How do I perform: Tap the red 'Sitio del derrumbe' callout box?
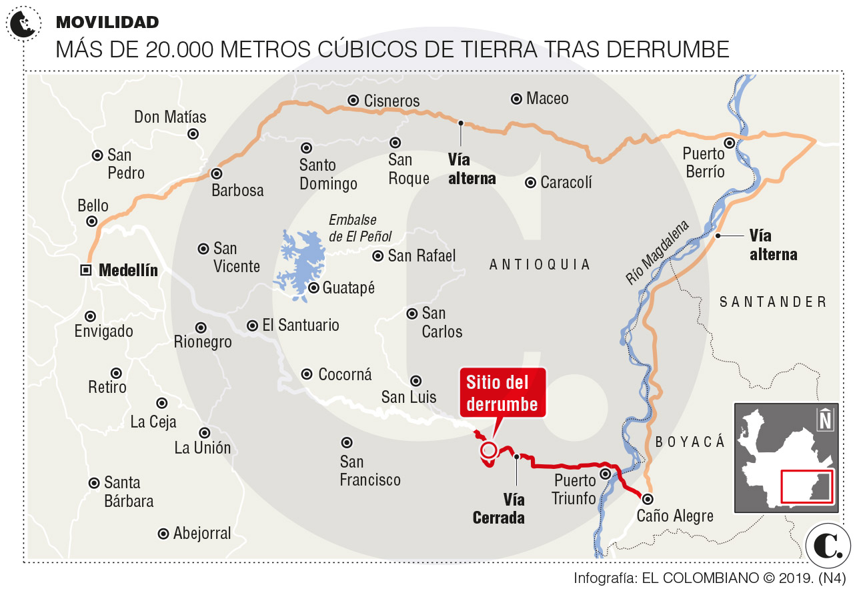502,393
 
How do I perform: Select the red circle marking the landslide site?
489,450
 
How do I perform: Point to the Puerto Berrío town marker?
730,142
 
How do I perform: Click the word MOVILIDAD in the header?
107,22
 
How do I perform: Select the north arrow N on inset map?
825,419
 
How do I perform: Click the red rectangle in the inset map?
806,487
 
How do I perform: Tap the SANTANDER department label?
773,302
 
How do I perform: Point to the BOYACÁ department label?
689,442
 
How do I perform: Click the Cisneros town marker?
353,101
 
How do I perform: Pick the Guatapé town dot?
313,288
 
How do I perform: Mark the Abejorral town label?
201,534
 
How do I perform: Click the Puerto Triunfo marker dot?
606,474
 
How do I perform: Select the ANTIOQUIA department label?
540,265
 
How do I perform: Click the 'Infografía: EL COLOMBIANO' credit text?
709,578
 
